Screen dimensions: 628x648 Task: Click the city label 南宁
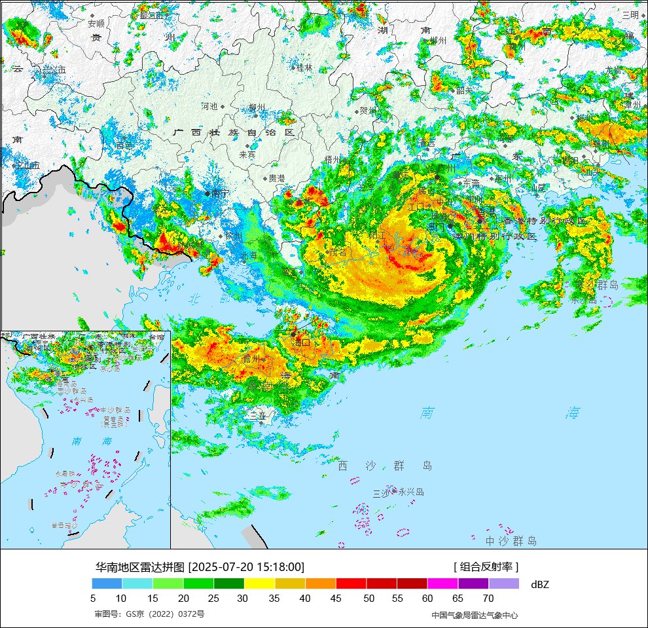pos(220,194)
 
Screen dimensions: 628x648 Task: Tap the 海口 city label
pos(302,342)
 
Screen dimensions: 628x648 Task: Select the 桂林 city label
pos(304,67)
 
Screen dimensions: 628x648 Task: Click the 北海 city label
pos(249,255)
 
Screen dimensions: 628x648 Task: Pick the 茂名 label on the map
pos(338,251)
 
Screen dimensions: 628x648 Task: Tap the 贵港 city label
pos(276,178)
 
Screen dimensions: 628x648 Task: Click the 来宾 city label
pos(247,155)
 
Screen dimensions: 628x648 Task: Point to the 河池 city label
pos(209,106)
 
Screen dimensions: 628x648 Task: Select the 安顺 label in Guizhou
pos(96,24)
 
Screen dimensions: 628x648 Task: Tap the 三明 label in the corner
pos(630,15)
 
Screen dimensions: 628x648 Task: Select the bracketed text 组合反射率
pos(486,567)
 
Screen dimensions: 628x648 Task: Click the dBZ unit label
pos(540,584)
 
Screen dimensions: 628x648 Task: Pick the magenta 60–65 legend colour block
pos(442,583)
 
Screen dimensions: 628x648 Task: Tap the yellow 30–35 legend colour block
pos(259,583)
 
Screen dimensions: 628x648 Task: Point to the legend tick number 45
pos(336,598)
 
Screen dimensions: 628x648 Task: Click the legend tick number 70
pos(488,598)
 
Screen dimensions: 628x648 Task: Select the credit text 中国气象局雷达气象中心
pos(475,615)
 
